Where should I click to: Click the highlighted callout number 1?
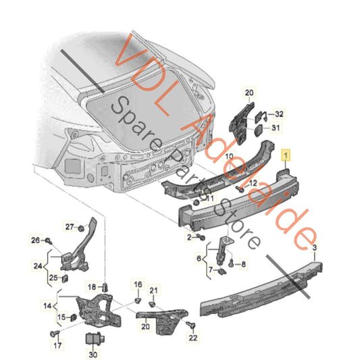[286, 155]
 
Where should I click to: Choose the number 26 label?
[36, 240]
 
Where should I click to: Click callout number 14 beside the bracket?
[48, 306]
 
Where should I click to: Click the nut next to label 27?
[80, 228]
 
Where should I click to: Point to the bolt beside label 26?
[49, 240]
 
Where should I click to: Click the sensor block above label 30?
[93, 338]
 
